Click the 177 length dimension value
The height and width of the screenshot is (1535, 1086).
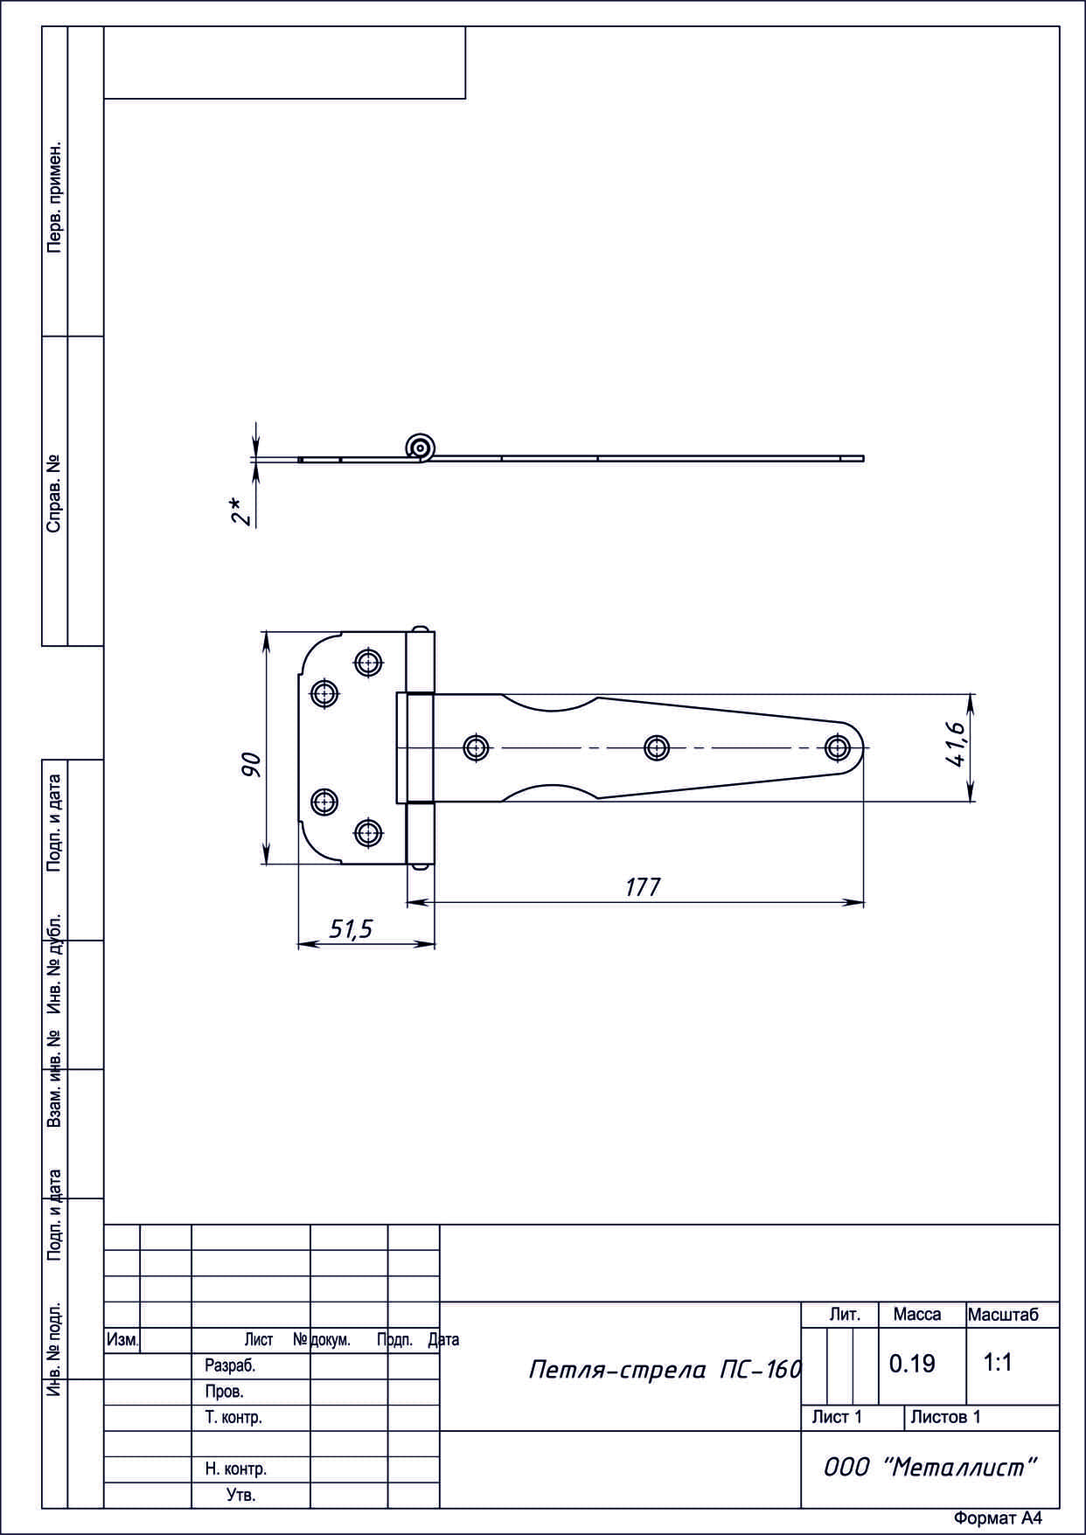(643, 886)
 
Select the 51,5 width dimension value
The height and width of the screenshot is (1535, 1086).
(351, 929)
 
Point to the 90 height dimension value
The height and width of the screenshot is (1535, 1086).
(251, 765)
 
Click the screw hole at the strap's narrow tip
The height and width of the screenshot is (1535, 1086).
(838, 747)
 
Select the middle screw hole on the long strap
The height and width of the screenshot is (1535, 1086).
(657, 747)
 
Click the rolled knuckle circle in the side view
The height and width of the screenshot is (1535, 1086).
(421, 448)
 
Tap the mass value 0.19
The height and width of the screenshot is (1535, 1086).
(912, 1363)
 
